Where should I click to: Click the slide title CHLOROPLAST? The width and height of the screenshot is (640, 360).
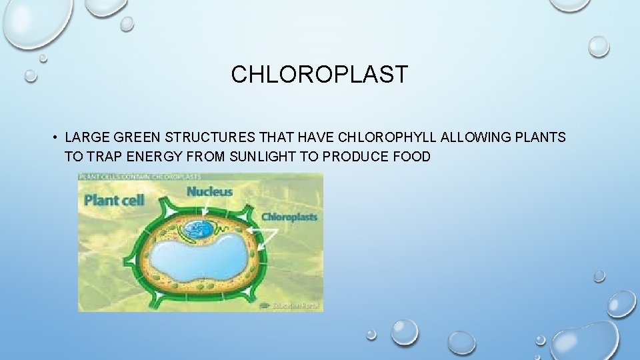pos(319,75)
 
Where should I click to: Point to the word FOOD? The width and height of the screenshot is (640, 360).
pos(413,157)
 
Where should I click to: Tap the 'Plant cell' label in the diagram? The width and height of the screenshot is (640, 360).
pos(115,200)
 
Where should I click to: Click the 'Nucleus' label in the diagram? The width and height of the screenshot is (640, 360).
pos(209,192)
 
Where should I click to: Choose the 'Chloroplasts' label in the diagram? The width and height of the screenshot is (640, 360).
pos(289,217)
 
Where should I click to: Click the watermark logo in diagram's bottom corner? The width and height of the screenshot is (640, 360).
pos(297,305)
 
